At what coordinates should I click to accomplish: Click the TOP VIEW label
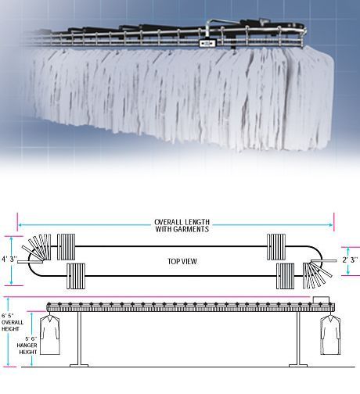coord(182,261)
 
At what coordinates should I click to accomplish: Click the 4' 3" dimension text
coord(9,260)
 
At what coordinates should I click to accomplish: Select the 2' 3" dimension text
coord(350,260)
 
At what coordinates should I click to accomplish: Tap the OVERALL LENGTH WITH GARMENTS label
coord(182,226)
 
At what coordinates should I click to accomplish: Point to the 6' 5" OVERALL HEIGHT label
coord(13,322)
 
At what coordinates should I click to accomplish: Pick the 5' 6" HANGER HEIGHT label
coord(27,346)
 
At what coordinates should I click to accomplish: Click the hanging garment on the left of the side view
coord(50,335)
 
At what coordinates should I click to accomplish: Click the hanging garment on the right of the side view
coord(330,335)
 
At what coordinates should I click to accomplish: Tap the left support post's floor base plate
coord(79,365)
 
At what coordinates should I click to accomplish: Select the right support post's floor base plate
coord(298,365)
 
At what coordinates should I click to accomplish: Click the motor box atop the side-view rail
coord(321,299)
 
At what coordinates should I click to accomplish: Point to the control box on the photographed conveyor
coord(207,43)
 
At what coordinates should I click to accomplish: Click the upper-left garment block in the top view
coord(66,247)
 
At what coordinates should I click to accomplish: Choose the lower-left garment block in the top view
coord(76,276)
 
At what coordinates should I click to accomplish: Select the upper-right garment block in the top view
coord(276,247)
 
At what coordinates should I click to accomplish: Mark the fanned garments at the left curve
coord(37,249)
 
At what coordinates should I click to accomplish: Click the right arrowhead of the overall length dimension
coord(331,225)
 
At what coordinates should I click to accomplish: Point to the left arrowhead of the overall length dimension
coord(20,225)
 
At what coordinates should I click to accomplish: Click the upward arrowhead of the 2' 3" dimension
coord(348,249)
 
